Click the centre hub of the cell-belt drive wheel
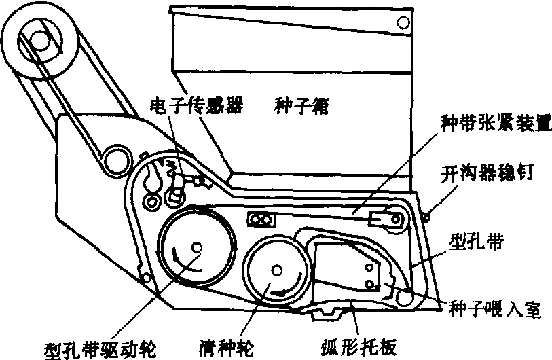[x=196, y=247]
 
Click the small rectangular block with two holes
[x=262, y=219]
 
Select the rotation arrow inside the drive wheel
[x=178, y=261]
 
